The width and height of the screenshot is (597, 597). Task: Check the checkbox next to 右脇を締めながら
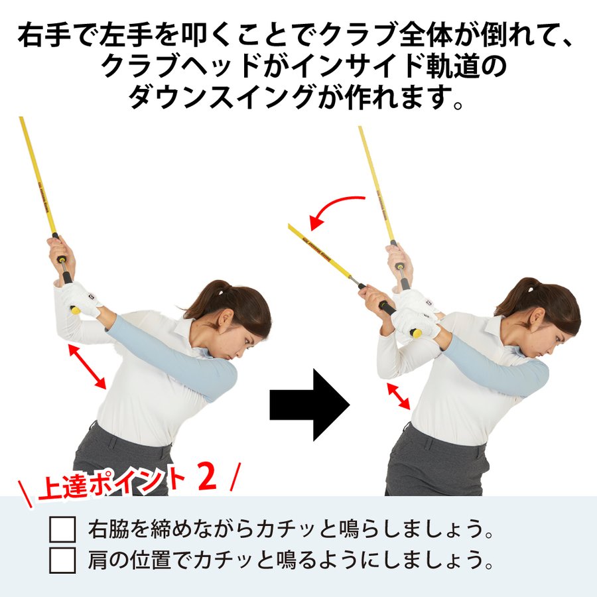(x=63, y=531)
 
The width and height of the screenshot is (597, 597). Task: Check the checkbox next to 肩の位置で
(x=63, y=561)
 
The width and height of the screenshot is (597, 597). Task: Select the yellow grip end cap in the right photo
(x=417, y=332)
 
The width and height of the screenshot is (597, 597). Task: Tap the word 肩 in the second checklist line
(x=98, y=561)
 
